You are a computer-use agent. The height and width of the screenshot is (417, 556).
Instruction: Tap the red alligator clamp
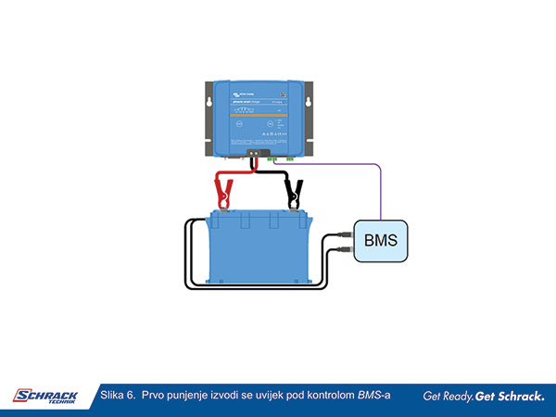pyautogui.click(x=223, y=193)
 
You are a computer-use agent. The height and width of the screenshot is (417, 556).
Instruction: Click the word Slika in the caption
pyautogui.click(x=113, y=396)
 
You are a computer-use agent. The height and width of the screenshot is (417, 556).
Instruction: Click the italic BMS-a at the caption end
pyautogui.click(x=373, y=396)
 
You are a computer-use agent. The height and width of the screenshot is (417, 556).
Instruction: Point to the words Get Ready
pyautogui.click(x=448, y=397)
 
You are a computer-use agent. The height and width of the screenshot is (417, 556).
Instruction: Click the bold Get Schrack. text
pyautogui.click(x=511, y=397)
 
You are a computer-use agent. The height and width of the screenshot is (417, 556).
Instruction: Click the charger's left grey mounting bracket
pyautogui.click(x=207, y=117)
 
